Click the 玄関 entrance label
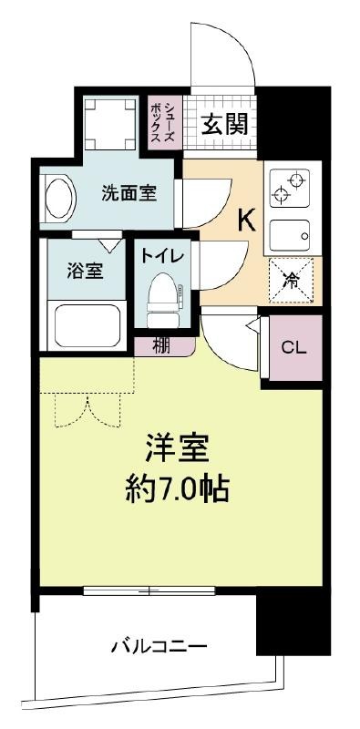pyautogui.click(x=224, y=123)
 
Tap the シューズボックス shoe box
pyautogui.click(x=162, y=122)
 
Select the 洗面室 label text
pyautogui.click(x=129, y=193)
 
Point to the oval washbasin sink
pyautogui.click(x=59, y=200)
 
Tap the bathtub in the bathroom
pyautogui.click(x=87, y=326)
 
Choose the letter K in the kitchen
pyautogui.click(x=246, y=221)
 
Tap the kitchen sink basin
pyautogui.click(x=290, y=236)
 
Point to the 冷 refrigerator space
pyautogui.click(x=291, y=280)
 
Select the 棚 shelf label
pyautogui.click(x=161, y=346)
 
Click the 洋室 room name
pyautogui.click(x=178, y=447)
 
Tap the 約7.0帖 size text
pyautogui.click(x=177, y=488)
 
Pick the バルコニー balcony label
pyautogui.click(x=159, y=646)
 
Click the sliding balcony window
pyautogui.click(x=149, y=590)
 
